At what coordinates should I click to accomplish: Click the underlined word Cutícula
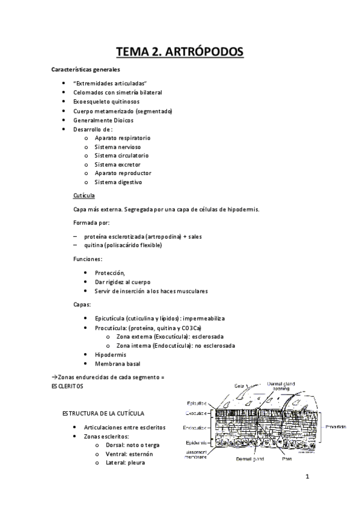(84, 196)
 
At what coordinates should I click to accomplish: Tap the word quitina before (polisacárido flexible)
(94, 245)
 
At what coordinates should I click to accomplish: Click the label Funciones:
(88, 259)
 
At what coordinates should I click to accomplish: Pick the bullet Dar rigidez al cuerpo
(123, 282)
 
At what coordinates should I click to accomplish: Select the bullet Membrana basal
(114, 364)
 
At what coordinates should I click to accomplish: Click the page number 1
(307, 479)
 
